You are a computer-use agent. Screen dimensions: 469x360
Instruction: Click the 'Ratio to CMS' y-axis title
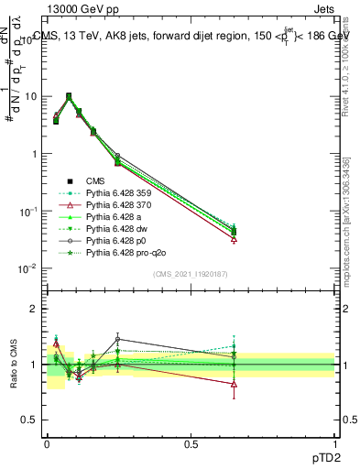(x=16, y=364)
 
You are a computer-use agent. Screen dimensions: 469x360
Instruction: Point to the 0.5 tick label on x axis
(x=191, y=442)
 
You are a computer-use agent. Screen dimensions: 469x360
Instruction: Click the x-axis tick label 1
(x=335, y=442)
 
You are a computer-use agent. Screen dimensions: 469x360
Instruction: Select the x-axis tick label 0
(x=47, y=442)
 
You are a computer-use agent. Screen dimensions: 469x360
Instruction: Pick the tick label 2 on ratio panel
(x=36, y=309)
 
